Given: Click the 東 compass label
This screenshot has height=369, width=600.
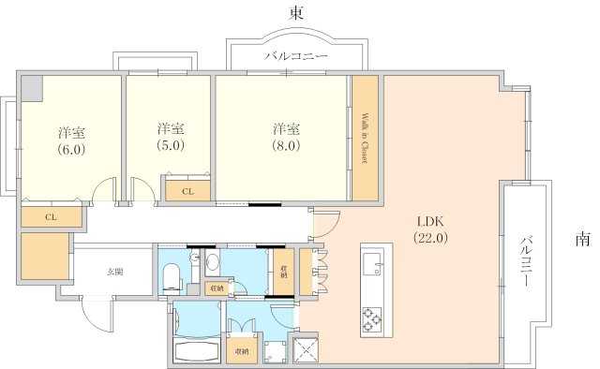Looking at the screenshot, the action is pyautogui.click(x=296, y=14).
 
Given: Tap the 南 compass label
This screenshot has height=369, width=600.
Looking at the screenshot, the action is pyautogui.click(x=583, y=240).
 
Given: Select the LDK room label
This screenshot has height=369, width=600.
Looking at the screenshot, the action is pyautogui.click(x=430, y=221).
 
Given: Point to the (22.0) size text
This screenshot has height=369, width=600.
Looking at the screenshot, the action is pyautogui.click(x=430, y=238).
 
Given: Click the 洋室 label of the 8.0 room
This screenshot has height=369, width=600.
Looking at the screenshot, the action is pyautogui.click(x=286, y=129).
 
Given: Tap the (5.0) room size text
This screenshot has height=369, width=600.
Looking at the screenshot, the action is pyautogui.click(x=171, y=145).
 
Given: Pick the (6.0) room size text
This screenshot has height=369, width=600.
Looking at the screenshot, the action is pyautogui.click(x=71, y=149).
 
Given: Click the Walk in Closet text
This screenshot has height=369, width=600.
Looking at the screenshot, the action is pyautogui.click(x=365, y=138).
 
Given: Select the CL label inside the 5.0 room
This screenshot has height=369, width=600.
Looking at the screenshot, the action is pyautogui.click(x=187, y=192).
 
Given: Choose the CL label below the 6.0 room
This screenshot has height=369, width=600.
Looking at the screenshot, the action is pyautogui.click(x=52, y=217).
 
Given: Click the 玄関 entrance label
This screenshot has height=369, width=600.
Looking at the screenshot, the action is pyautogui.click(x=114, y=273).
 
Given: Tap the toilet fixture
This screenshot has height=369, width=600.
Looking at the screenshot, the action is pyautogui.click(x=171, y=277).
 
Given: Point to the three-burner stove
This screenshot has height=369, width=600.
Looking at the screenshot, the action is pyautogui.click(x=372, y=319).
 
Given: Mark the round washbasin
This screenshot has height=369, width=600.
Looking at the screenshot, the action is pyautogui.click(x=213, y=262).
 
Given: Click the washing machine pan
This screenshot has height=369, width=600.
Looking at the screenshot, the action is pyautogui.click(x=275, y=352).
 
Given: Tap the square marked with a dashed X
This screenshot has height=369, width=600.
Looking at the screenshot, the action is pyautogui.click(x=306, y=349).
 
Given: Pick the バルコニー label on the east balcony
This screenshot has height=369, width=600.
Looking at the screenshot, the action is pyautogui.click(x=297, y=56).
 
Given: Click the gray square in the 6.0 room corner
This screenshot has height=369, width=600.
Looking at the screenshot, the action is pyautogui.click(x=32, y=88).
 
